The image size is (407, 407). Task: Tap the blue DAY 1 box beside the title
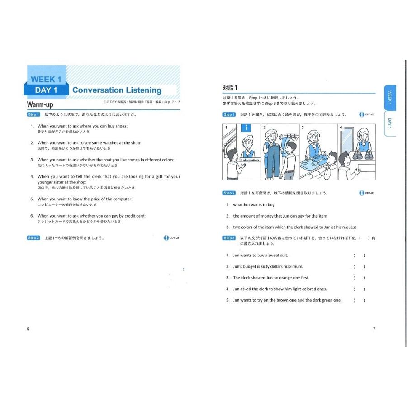coord(46,90)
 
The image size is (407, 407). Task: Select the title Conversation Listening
coord(117,90)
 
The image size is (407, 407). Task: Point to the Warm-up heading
coord(41,105)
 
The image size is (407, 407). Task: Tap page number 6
coord(28,329)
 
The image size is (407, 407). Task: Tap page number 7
coord(374,329)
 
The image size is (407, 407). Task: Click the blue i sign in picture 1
coord(246,128)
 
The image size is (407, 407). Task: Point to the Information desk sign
coord(250,160)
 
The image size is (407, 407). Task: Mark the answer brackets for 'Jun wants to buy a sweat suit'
coord(359,256)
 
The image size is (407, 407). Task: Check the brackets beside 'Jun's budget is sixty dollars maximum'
coord(359,267)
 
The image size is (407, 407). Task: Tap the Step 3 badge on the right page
coord(229,238)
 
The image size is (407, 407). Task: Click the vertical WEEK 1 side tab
coord(390,98)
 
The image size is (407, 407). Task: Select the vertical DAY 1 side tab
coord(390,123)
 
